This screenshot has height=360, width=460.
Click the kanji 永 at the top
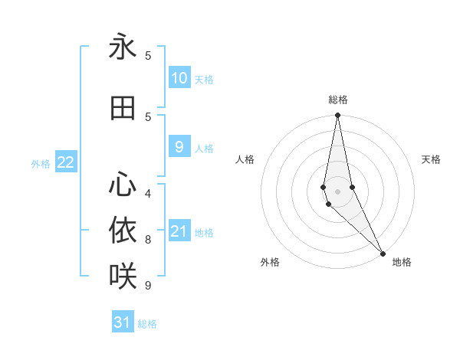point(123,47)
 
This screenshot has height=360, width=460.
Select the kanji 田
point(123,109)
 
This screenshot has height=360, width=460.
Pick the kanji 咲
point(123,274)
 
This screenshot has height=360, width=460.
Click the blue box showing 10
point(179,78)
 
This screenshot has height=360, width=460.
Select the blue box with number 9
point(179,147)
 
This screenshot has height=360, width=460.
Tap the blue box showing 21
point(179,231)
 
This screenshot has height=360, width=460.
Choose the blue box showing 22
point(66,162)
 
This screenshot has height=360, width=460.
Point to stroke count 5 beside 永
point(148,55)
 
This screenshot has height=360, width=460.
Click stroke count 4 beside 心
point(148,193)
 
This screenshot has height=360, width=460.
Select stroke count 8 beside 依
point(148,239)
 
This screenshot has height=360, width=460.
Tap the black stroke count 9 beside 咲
point(148,285)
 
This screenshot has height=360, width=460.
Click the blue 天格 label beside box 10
point(204,79)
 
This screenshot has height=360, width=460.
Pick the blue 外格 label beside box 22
point(41,163)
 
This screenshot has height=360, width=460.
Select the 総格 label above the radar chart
point(337,100)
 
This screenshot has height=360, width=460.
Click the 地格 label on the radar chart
point(402,262)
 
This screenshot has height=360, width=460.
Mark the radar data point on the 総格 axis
point(337,116)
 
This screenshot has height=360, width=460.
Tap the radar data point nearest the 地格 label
point(382,253)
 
